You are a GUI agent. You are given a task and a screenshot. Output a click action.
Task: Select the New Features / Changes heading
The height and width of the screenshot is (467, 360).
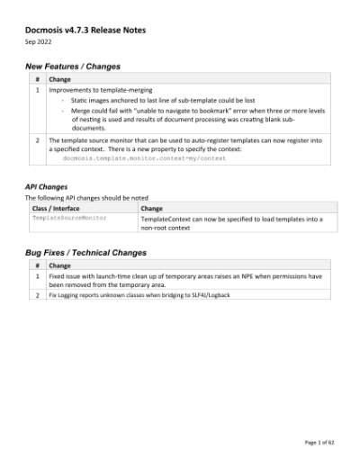pos(72,67)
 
